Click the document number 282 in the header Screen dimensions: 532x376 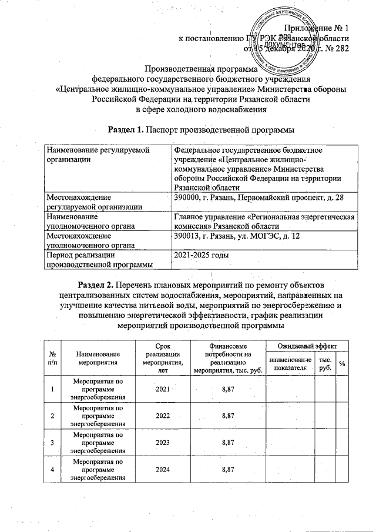pos(342,48)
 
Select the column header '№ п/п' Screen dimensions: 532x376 pos(53,359)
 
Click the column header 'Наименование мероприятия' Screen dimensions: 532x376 pos(98,359)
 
